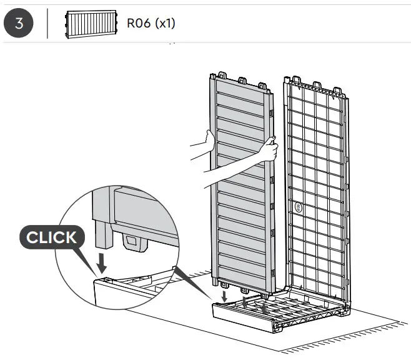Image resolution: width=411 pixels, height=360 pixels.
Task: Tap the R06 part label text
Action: click(151, 24)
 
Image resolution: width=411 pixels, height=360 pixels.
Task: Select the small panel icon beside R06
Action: click(91, 24)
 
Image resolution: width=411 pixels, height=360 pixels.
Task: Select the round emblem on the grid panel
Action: click(298, 206)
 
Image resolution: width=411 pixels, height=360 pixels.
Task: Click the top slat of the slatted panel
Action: click(240, 94)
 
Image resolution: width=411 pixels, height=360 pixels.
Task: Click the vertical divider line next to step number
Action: click(47, 24)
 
